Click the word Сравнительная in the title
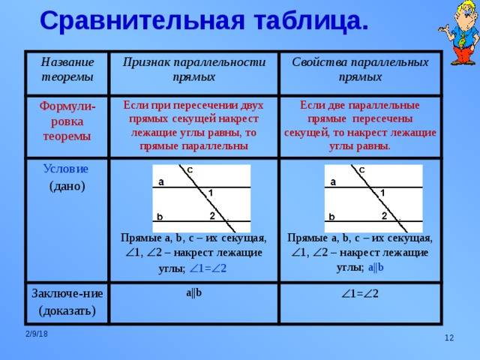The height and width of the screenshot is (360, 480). (142, 21)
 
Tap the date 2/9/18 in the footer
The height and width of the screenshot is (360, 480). (37, 334)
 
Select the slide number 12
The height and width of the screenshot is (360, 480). (449, 337)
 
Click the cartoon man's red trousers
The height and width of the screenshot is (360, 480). (465, 53)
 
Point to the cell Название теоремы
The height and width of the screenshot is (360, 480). (67, 70)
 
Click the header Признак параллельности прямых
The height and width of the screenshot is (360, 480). (194, 70)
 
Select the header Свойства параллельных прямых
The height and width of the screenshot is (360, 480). (360, 70)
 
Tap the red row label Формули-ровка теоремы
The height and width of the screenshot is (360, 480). (67, 121)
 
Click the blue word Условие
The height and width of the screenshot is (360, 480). (66, 169)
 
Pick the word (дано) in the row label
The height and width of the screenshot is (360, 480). (67, 186)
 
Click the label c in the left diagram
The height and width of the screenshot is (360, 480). (190, 169)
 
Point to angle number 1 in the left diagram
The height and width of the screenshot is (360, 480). (211, 193)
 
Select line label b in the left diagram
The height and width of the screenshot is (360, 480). (160, 217)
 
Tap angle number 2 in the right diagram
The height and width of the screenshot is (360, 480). (385, 216)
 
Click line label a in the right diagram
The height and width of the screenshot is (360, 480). (333, 182)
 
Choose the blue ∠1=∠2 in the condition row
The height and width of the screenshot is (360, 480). (208, 268)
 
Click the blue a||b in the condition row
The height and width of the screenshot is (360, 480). (376, 268)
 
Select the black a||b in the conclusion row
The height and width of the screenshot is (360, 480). (194, 293)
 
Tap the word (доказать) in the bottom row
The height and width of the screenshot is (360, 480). (67, 310)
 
